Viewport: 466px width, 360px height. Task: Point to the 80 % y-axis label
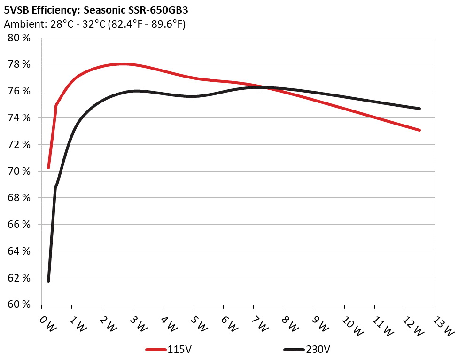coord(19,38)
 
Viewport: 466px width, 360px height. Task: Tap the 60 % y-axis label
coord(19,305)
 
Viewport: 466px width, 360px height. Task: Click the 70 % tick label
coord(19,171)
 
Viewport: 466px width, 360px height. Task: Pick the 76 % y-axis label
coord(19,91)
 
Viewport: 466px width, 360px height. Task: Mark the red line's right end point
coord(419,130)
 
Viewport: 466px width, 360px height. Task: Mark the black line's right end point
coord(419,109)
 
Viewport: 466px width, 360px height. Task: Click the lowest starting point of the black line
coord(48,281)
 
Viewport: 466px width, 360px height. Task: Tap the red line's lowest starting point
coord(48,167)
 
